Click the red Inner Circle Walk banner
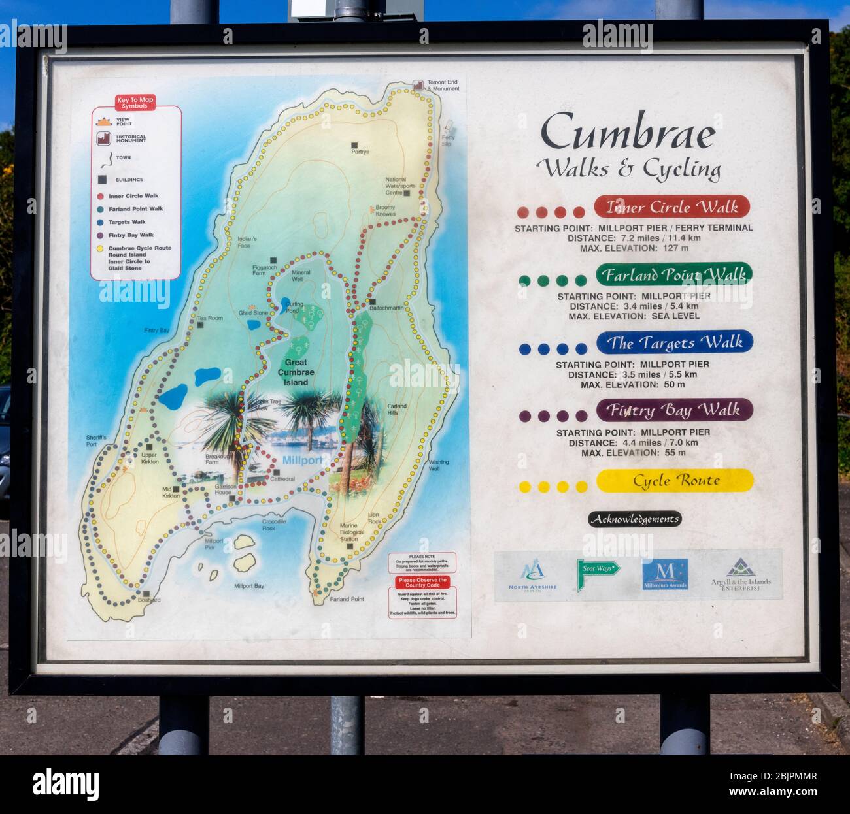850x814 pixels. coord(671,207)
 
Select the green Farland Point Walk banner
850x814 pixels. coord(673,274)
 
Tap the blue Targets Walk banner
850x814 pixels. coord(674,342)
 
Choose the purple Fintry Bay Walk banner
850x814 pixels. coord(674,410)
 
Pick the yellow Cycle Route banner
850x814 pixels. coord(675,481)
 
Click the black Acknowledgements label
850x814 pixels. coord(634,519)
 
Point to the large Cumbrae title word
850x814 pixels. coord(628,133)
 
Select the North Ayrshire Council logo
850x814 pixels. coord(532,575)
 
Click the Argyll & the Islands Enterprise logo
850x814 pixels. coord(741,575)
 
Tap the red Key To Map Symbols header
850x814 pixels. coord(136,103)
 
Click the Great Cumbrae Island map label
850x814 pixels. coord(296,372)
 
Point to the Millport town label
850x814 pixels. coord(302,460)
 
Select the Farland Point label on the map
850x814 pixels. coord(347,599)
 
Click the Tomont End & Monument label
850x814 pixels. coord(443,86)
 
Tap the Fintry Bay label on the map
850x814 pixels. coord(156,331)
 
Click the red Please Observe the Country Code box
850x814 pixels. coord(422,582)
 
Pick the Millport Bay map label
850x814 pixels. coord(249,586)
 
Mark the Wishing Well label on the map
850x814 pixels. coord(439,466)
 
